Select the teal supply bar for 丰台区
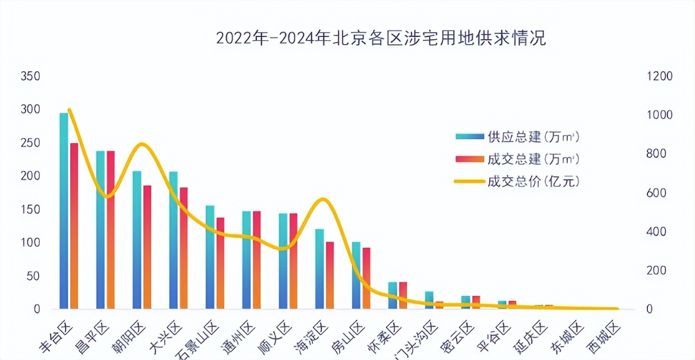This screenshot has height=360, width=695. [x=64, y=211]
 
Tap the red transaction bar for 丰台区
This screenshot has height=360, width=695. [x=74, y=226]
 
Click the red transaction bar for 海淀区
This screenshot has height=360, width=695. [x=329, y=275]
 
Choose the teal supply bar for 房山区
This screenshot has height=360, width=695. [x=356, y=275]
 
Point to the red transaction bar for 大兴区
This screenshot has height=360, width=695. [x=184, y=248]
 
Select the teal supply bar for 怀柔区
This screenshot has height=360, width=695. [x=393, y=295]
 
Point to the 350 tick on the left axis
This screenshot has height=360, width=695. [x=30, y=77]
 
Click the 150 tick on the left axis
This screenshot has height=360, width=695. [x=30, y=210]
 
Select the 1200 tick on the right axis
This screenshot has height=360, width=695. [x=659, y=77]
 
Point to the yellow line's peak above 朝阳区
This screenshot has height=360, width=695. [x=142, y=144]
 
